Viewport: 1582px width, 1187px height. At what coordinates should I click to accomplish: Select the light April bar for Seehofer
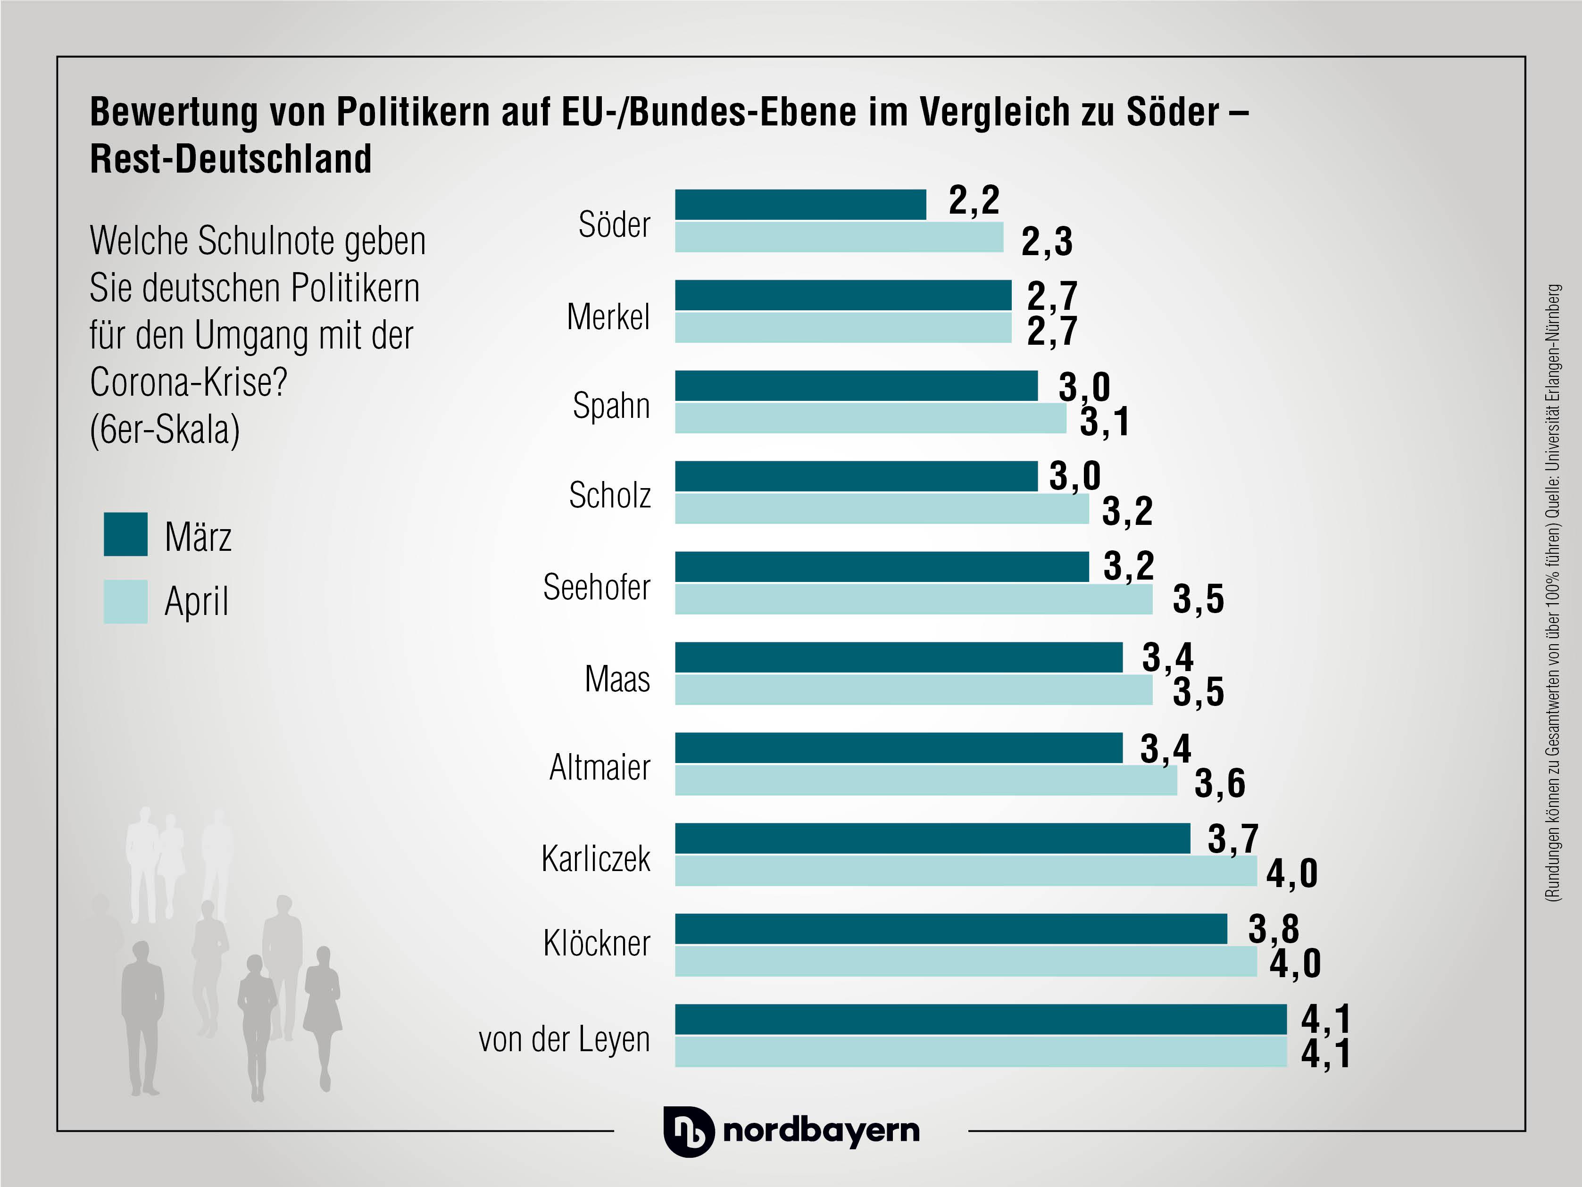tap(913, 599)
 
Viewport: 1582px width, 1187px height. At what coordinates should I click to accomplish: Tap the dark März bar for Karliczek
tap(932, 838)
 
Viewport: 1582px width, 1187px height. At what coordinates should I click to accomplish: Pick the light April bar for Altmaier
tap(925, 780)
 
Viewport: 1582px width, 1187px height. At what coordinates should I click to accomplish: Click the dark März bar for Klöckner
tap(950, 929)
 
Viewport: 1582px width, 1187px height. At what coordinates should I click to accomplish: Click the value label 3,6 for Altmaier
tap(1219, 783)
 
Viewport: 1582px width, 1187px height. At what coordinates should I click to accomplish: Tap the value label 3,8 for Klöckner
tap(1273, 929)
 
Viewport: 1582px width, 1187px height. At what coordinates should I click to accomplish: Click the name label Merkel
tap(608, 317)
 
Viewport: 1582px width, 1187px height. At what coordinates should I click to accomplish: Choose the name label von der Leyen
tap(564, 1039)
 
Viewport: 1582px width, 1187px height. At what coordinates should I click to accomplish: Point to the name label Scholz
tap(609, 495)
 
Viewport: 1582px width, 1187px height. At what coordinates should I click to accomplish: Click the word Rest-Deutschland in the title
tap(230, 159)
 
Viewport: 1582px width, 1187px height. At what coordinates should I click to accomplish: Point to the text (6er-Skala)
tap(165, 430)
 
